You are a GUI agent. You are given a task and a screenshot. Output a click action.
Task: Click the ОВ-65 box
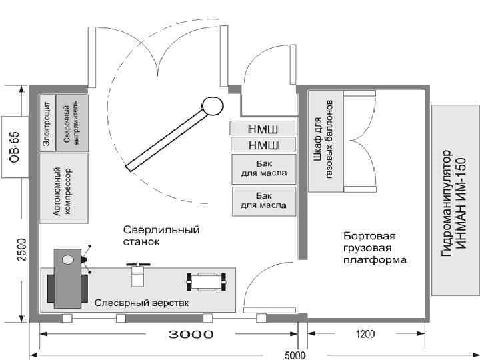click(x=13, y=147)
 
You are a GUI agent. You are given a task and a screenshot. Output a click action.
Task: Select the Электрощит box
click(x=47, y=123)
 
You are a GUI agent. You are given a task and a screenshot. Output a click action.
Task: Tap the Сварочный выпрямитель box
click(x=66, y=123)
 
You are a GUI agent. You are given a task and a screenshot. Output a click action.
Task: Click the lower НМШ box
click(x=263, y=145)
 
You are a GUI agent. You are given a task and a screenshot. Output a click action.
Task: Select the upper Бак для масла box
click(x=263, y=169)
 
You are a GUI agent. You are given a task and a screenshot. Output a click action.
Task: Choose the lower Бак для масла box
click(x=263, y=201)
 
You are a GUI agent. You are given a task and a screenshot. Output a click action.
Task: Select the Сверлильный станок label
click(x=161, y=236)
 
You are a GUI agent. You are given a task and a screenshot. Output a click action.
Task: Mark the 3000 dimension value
click(x=190, y=334)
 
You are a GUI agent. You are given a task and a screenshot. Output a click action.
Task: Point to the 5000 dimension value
click(x=295, y=354)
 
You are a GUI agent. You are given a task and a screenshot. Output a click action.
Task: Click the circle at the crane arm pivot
click(x=212, y=105)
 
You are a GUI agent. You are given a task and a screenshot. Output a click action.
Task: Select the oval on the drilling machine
click(x=67, y=259)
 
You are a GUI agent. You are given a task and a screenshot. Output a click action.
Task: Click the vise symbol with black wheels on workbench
click(x=204, y=281)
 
